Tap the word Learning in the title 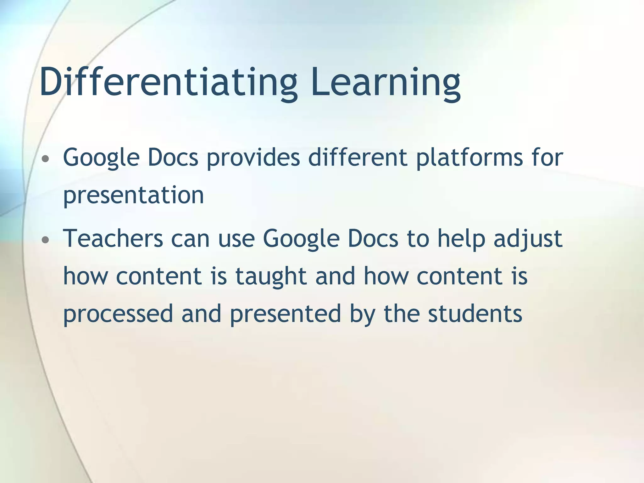tap(386, 82)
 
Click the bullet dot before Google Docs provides tap(46, 159)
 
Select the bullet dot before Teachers tap(46, 240)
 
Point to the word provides tap(253, 158)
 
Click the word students tap(475, 314)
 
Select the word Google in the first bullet tap(101, 158)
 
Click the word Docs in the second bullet tap(373, 238)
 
